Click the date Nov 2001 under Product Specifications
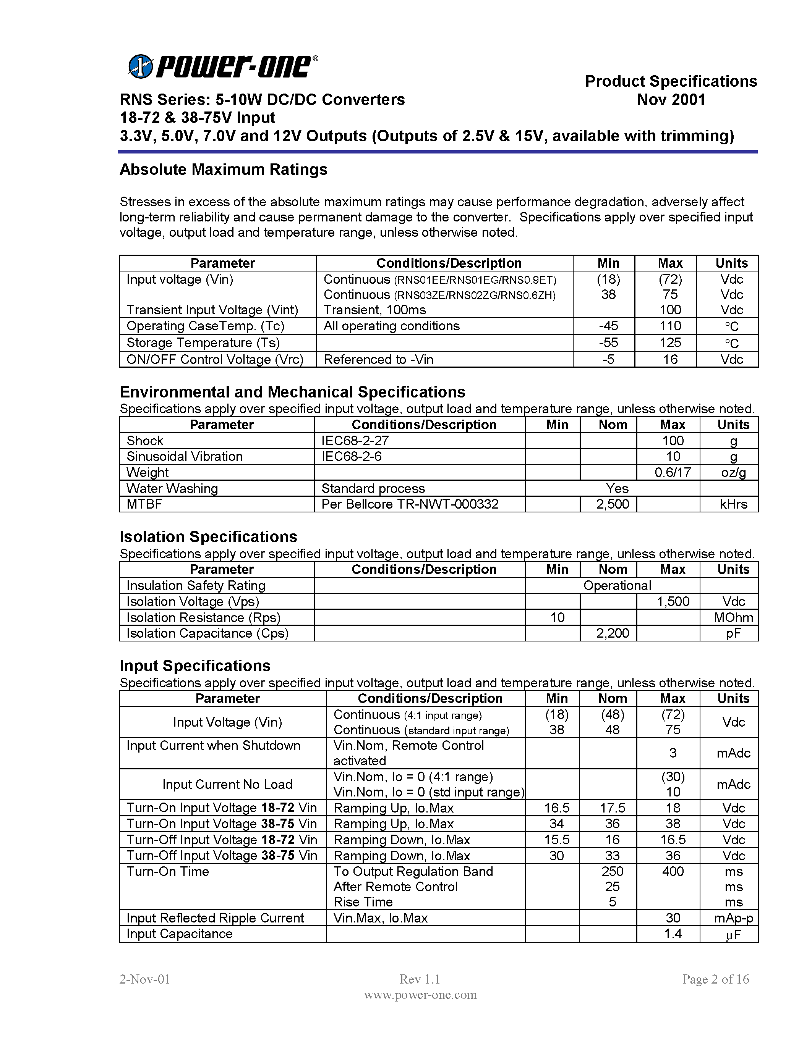point(671,100)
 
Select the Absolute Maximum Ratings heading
point(223,169)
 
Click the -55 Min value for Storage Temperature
point(608,343)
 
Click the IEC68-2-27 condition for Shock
point(355,441)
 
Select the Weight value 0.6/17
point(673,473)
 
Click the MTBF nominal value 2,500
point(613,504)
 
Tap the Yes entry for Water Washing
point(617,488)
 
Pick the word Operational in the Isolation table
point(617,586)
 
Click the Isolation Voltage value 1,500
point(673,601)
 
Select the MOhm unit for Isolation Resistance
point(733,618)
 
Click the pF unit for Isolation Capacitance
point(733,634)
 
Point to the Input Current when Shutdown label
point(213,746)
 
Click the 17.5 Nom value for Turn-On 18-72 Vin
point(613,808)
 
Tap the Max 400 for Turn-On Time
point(673,872)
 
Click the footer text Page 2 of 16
point(715,979)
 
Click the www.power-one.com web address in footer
point(420,995)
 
